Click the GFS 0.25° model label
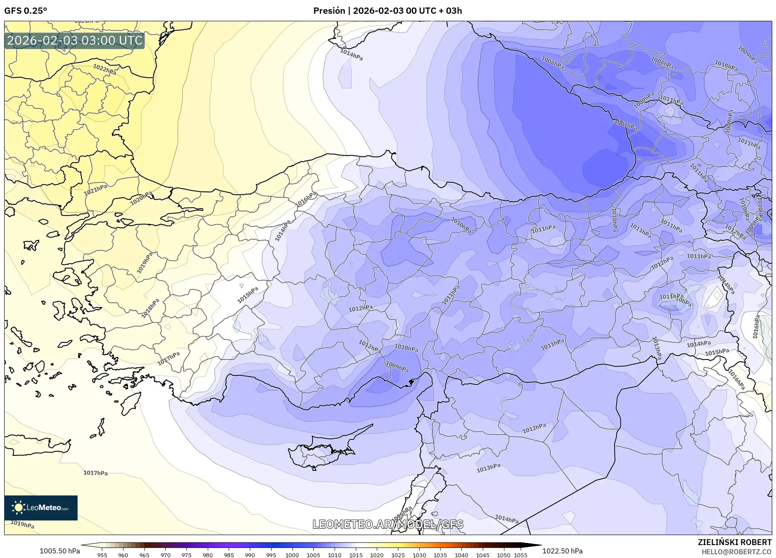coord(25,11)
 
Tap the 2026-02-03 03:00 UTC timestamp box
coord(75,40)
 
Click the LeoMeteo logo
coord(41,508)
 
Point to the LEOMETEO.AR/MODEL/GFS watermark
coord(388,524)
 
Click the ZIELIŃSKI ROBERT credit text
coord(734,542)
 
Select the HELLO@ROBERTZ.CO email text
coord(736,552)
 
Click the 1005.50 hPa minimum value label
coord(60,551)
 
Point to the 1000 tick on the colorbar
coord(292,555)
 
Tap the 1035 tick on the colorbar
coord(440,555)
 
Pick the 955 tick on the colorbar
coord(102,555)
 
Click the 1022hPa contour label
coord(105,69)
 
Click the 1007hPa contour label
coord(625,125)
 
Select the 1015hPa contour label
coord(248,295)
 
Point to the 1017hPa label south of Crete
coord(96,473)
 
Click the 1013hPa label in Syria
coord(488,468)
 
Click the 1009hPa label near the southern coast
coord(397,367)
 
